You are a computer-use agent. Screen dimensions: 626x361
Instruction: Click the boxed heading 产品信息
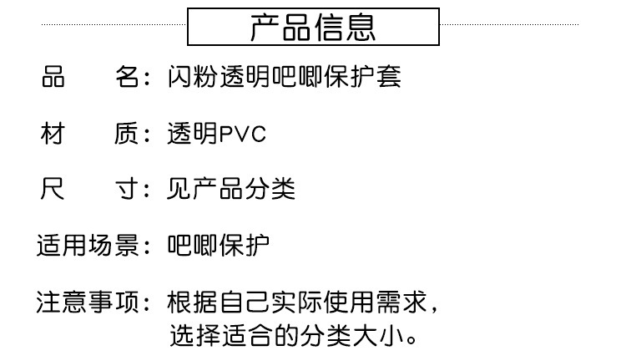pyautogui.click(x=313, y=28)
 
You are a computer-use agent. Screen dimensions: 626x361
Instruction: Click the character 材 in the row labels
pyautogui.click(x=53, y=135)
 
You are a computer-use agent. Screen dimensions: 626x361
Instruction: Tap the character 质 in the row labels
pyautogui.click(x=125, y=135)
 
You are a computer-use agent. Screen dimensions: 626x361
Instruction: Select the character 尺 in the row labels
pyautogui.click(x=53, y=190)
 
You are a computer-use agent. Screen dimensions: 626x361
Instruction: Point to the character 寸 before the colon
pyautogui.click(x=125, y=190)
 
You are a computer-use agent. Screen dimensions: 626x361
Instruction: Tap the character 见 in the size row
pyautogui.click(x=179, y=190)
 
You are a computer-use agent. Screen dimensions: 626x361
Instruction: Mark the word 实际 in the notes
pyautogui.click(x=296, y=302)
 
